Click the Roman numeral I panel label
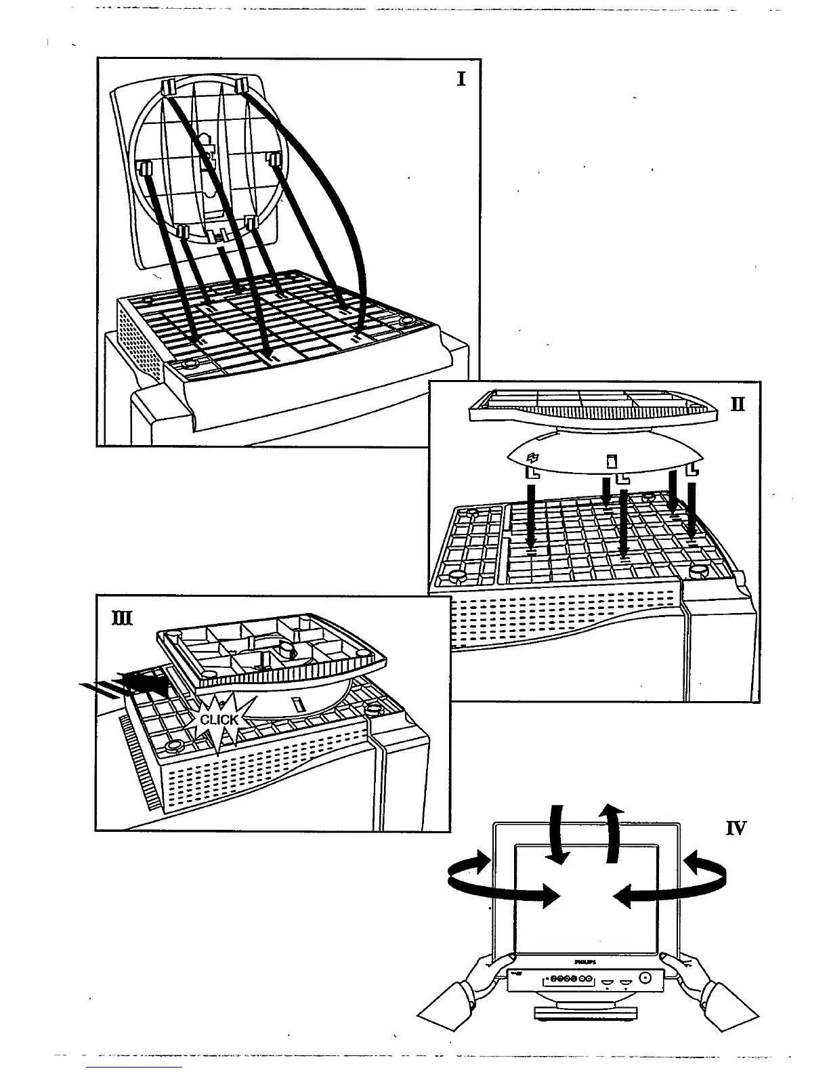[x=461, y=79]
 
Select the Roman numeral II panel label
[x=738, y=404]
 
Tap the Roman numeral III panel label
[x=125, y=618]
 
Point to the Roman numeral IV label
[x=736, y=828]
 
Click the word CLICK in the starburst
[x=219, y=719]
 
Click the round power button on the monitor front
[x=643, y=977]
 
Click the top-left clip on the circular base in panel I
[x=169, y=86]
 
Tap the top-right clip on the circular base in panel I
[x=243, y=84]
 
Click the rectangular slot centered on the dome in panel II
[x=610, y=462]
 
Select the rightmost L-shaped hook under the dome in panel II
[x=692, y=469]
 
